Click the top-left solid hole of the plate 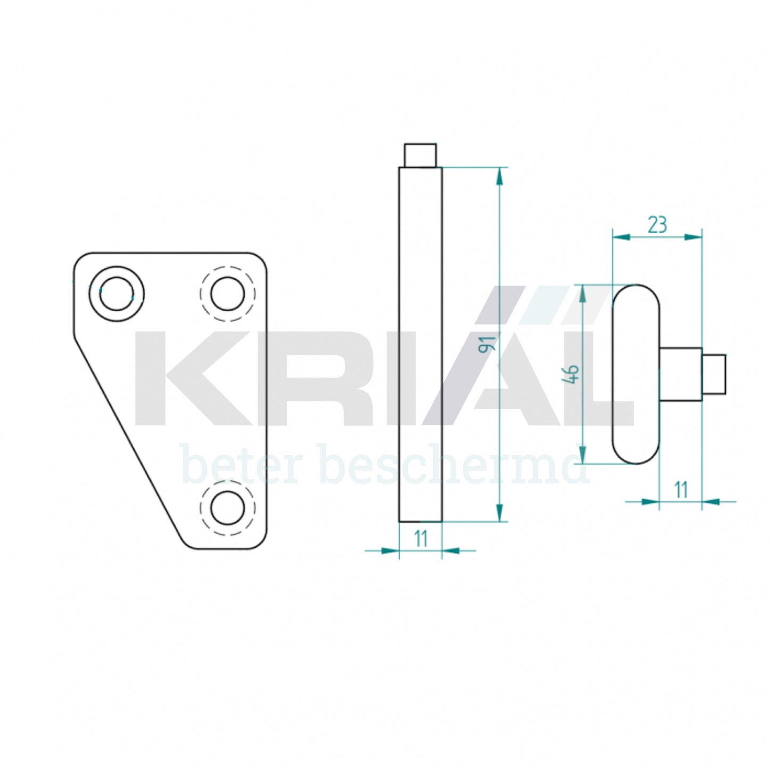pos(116,294)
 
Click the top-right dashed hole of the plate pos(228,294)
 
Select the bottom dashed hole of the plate pos(228,508)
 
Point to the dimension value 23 pos(657,225)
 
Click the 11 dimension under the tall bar pos(421,539)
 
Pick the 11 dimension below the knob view pos(681,490)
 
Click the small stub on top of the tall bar pos(420,155)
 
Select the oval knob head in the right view pos(636,374)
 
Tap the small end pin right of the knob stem pos(714,374)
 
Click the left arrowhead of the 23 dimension pos(622,237)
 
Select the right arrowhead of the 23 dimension pos(693,237)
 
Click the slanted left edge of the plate pos(128,436)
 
